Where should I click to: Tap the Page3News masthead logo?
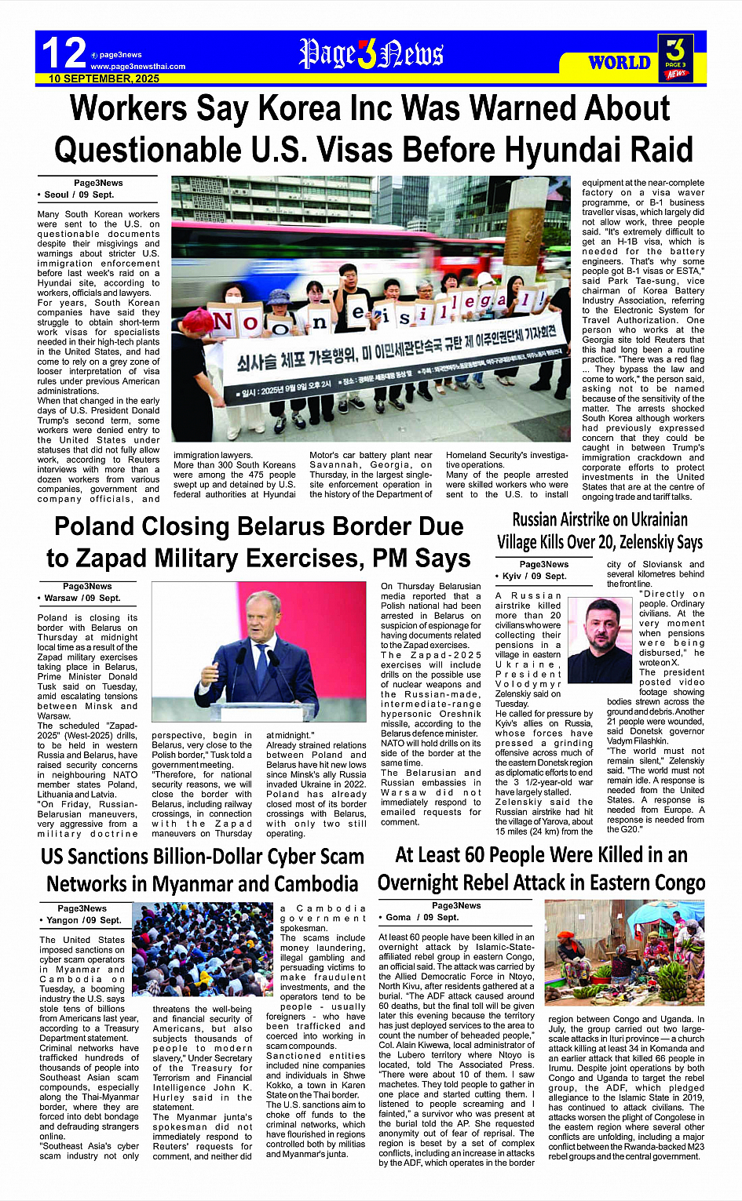click(x=371, y=54)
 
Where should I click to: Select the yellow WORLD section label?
click(x=620, y=63)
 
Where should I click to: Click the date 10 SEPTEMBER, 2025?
click(x=104, y=78)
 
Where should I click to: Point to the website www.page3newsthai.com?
click(x=137, y=67)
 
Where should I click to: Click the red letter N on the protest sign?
click(x=224, y=322)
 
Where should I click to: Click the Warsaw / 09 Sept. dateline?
click(x=81, y=598)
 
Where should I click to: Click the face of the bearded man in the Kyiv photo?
click(x=600, y=624)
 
